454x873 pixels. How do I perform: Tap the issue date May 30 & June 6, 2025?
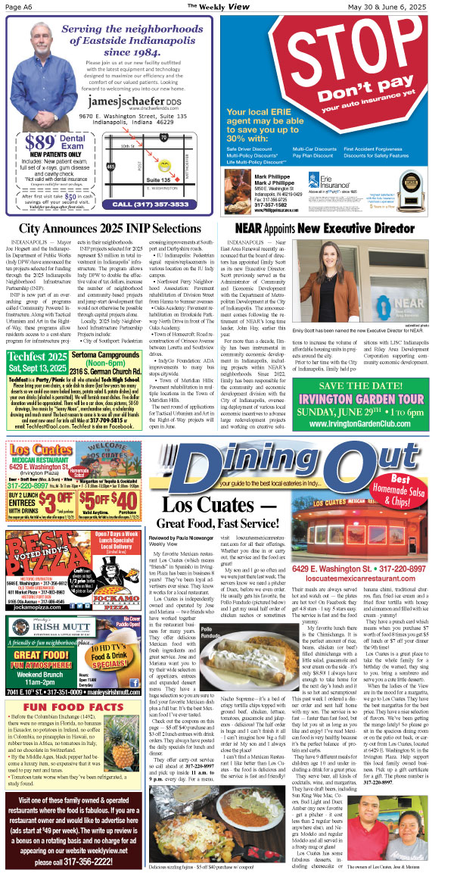pyautogui.click(x=408, y=7)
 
